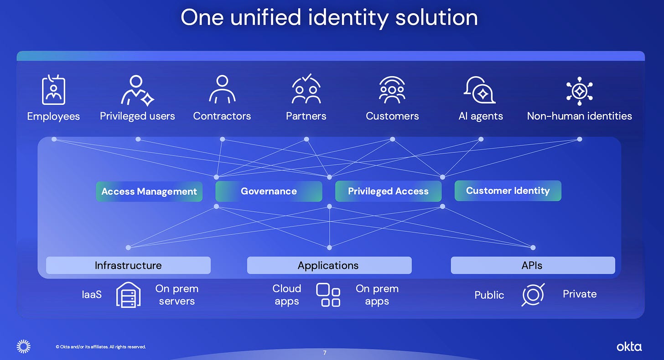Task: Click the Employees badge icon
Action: coord(53,90)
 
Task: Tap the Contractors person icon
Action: coord(222,89)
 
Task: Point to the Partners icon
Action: coord(306,89)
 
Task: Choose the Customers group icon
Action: coord(392,89)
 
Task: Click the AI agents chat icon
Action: coord(480,89)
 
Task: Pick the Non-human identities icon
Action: coord(579,89)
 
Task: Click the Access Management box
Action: coord(149,192)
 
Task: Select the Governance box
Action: coord(269,192)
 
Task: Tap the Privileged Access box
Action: coord(388,192)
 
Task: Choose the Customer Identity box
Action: coord(508,191)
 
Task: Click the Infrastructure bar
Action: coord(128,265)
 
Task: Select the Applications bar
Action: coord(328,265)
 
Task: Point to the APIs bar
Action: coord(532,265)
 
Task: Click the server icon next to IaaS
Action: coord(128,295)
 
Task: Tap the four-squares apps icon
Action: coord(328,295)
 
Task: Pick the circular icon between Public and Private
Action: coord(533,295)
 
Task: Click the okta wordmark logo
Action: coord(629,347)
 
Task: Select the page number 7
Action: coord(325,353)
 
